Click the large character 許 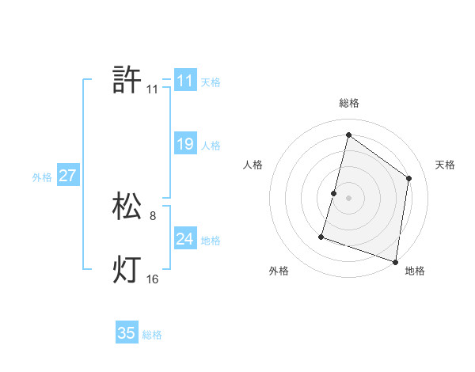[127, 80]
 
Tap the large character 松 [127, 207]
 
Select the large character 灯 [127, 270]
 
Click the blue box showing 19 [185, 144]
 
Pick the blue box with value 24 [185, 239]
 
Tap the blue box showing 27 [67, 176]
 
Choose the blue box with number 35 [127, 333]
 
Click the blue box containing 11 [185, 81]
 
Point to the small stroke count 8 [153, 215]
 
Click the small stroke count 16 [153, 279]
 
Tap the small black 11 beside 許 [153, 89]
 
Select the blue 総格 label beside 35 [152, 335]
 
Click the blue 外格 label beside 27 [42, 177]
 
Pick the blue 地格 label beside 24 [211, 241]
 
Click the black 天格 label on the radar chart [446, 165]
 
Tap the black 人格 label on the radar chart [253, 165]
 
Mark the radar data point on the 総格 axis [348, 134]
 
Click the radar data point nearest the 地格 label [395, 261]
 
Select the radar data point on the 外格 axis [321, 236]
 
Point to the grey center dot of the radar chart [348, 198]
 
